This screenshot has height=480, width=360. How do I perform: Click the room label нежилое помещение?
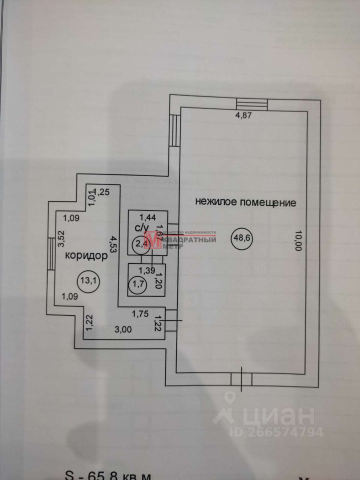tap(245, 203)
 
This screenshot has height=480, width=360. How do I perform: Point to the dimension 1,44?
tap(147, 217)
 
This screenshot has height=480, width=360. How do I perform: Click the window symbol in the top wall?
tap(252, 102)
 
